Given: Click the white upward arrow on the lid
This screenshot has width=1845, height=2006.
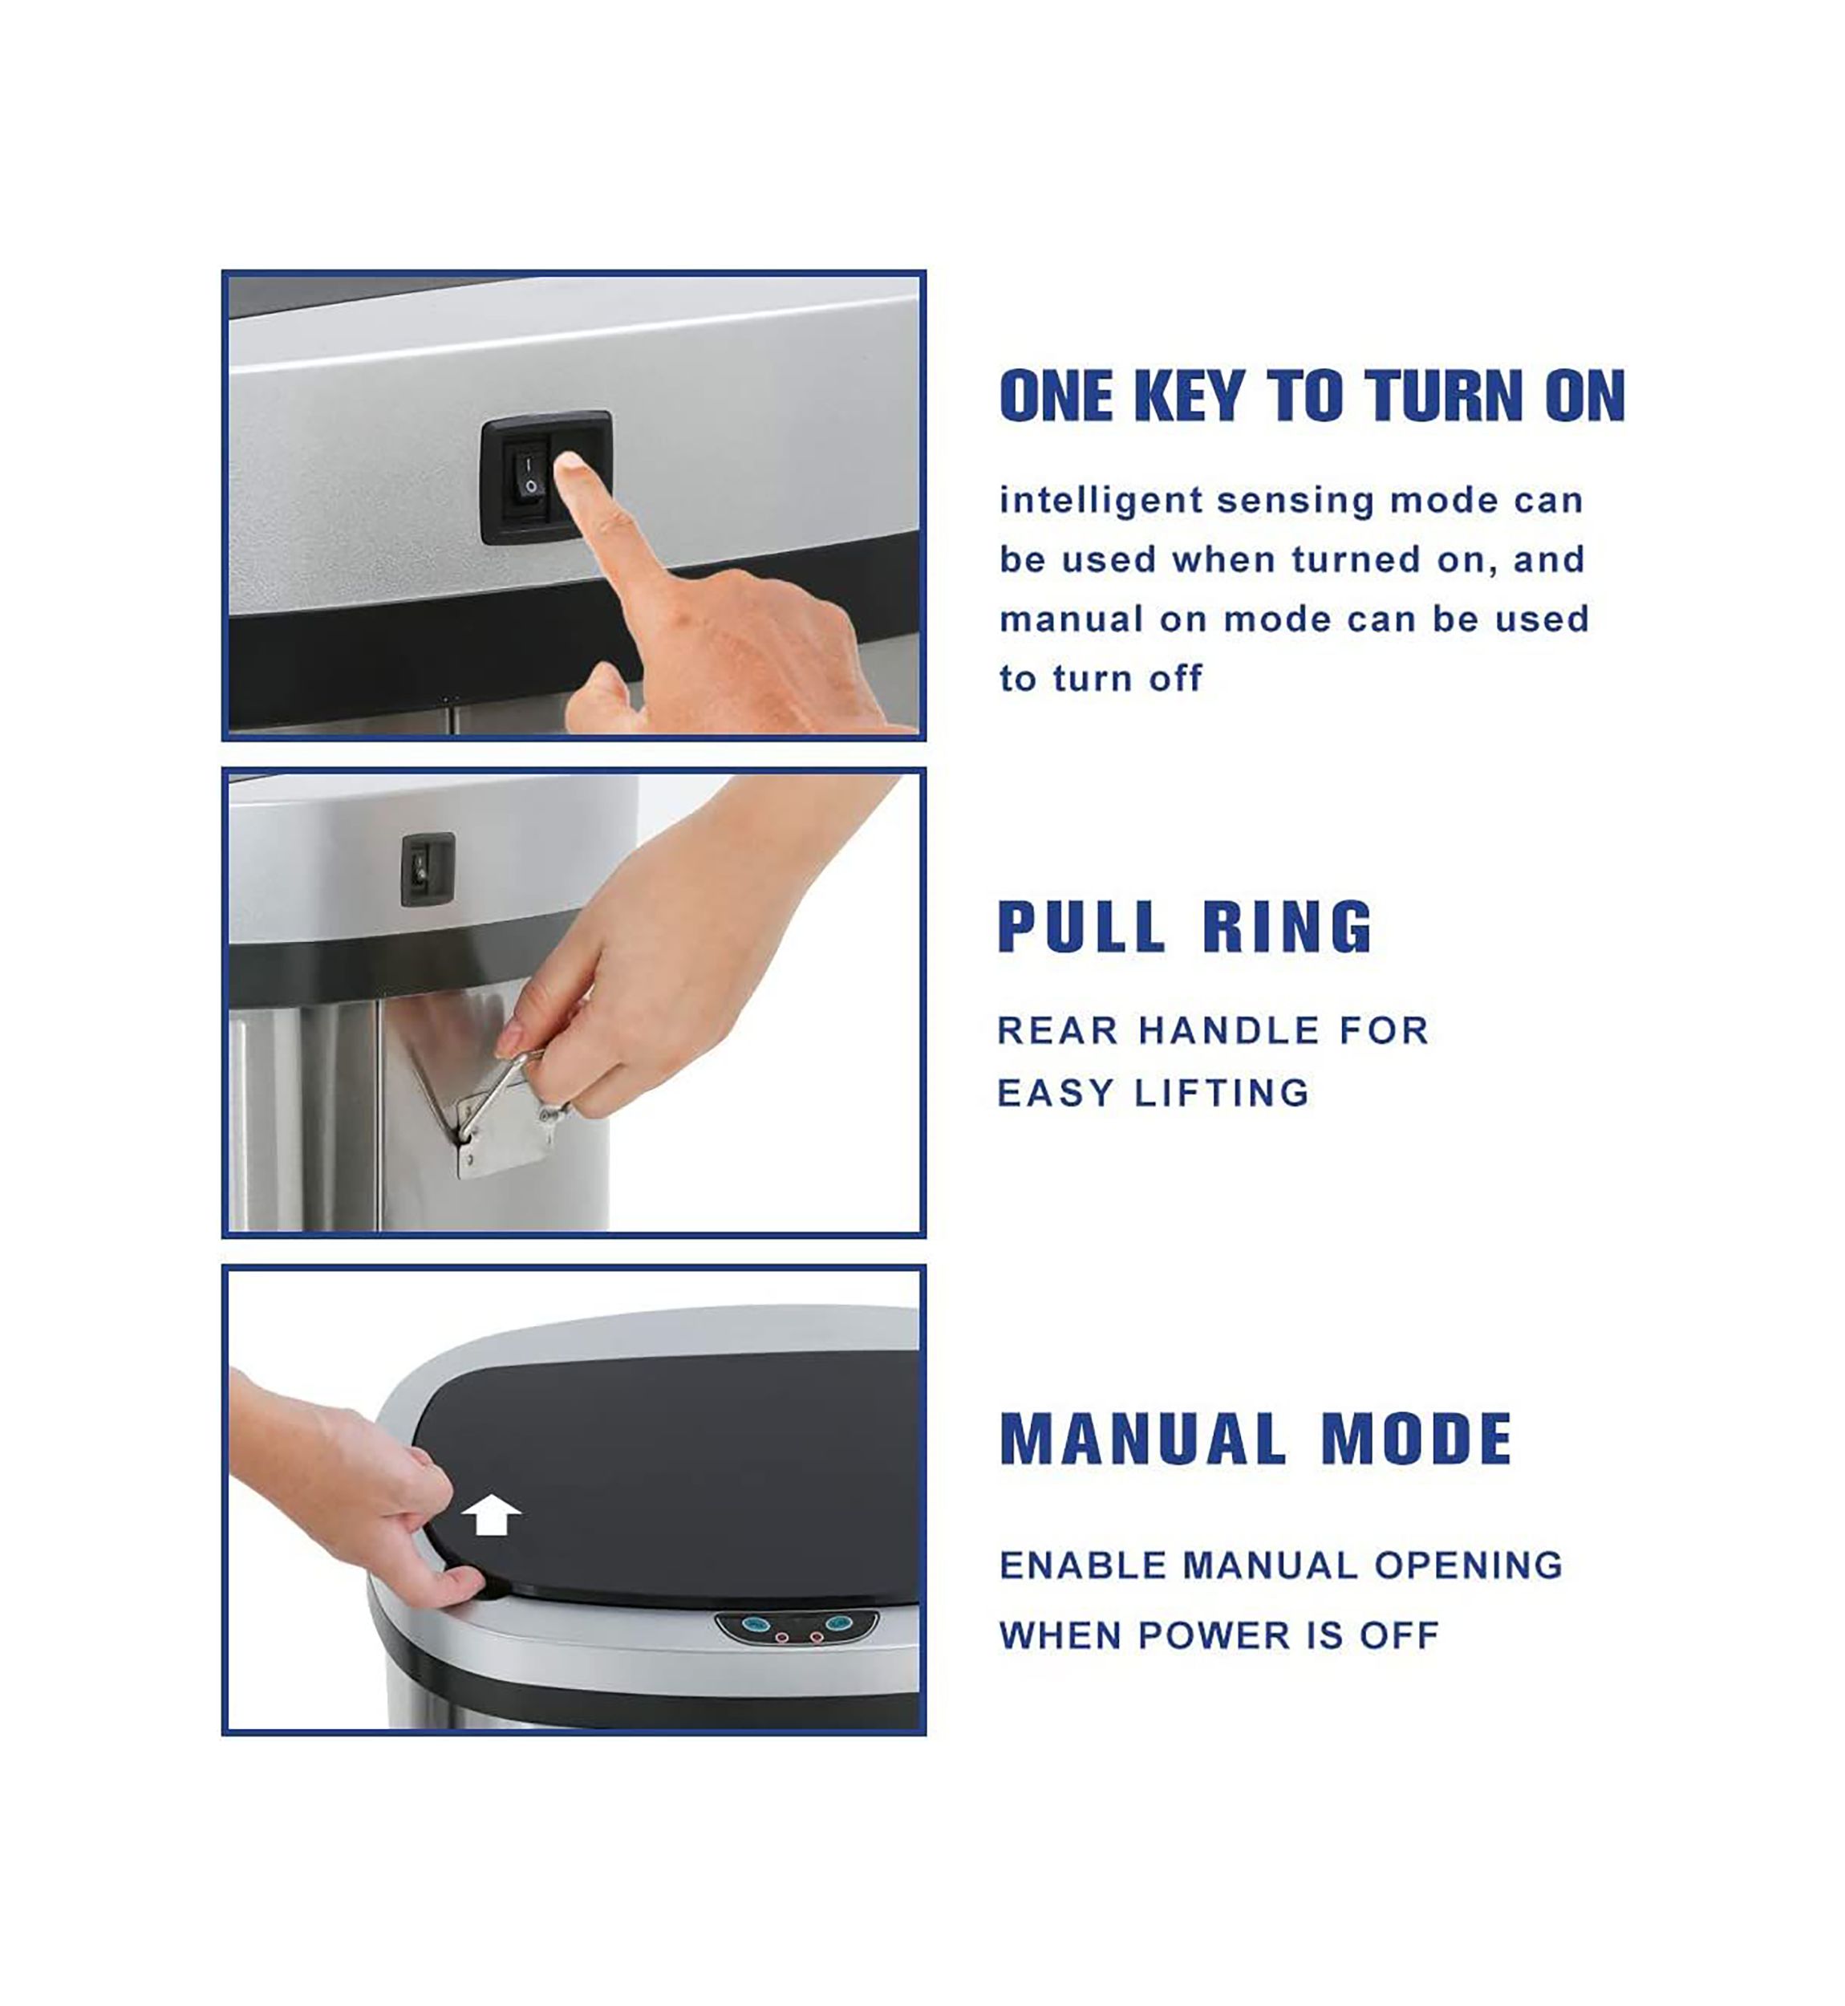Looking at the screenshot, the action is click(x=490, y=1515).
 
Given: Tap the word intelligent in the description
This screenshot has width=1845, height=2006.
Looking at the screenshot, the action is click(x=1101, y=501).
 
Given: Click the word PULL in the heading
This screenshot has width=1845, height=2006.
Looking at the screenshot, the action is click(x=1081, y=927).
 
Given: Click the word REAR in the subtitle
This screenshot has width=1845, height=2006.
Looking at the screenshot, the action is click(x=1057, y=1030).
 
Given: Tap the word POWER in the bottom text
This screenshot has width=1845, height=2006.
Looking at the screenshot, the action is click(x=1221, y=1635).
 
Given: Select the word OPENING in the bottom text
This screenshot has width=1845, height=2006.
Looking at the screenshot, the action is click(x=1468, y=1565).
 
